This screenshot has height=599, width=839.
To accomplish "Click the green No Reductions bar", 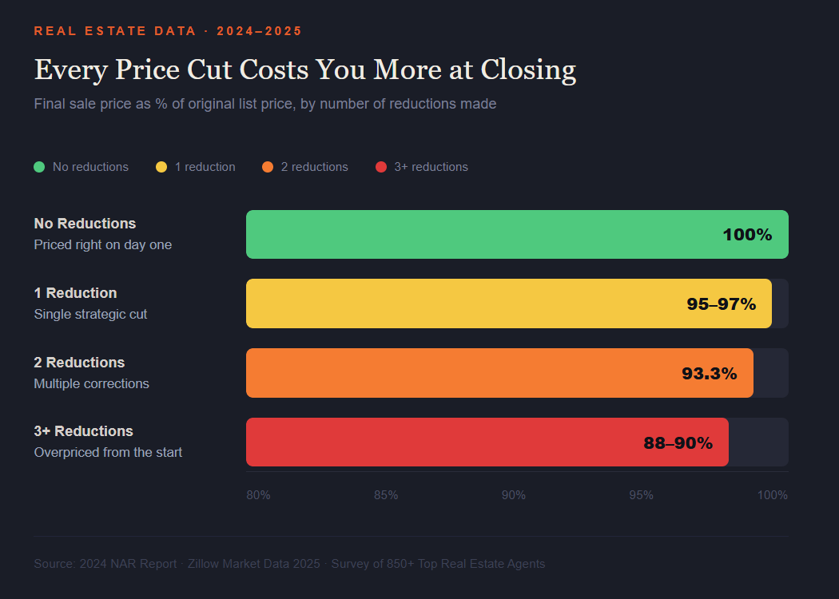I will pyautogui.click(x=479, y=235).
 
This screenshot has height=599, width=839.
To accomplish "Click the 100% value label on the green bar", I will pyautogui.click(x=747, y=235).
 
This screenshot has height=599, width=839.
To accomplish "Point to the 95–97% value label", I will pyautogui.click(x=721, y=304).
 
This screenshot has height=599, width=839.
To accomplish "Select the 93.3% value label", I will pyautogui.click(x=709, y=373).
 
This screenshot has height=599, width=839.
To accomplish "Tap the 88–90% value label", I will pyautogui.click(x=678, y=442).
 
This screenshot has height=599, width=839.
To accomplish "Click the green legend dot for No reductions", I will pyautogui.click(x=39, y=167).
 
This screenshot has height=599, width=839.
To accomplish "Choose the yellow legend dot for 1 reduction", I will pyautogui.click(x=161, y=167).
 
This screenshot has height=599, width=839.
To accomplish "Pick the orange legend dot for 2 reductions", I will pyautogui.click(x=268, y=167).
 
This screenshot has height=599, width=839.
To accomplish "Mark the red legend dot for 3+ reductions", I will pyautogui.click(x=381, y=167).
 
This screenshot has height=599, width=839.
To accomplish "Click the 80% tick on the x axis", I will pyautogui.click(x=258, y=495).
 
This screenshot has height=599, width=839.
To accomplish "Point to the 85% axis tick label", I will pyautogui.click(x=386, y=495).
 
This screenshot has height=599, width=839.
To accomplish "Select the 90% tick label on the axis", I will pyautogui.click(x=514, y=495).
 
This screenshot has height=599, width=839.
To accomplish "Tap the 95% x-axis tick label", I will pyautogui.click(x=641, y=495).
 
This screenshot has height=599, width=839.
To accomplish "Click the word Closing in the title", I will pyautogui.click(x=528, y=70).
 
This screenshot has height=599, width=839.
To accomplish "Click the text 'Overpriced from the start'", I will pyautogui.click(x=108, y=452).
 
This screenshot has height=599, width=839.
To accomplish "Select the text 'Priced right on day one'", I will pyautogui.click(x=102, y=244).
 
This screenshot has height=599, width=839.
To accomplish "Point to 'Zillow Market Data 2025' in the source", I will pyautogui.click(x=253, y=564).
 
